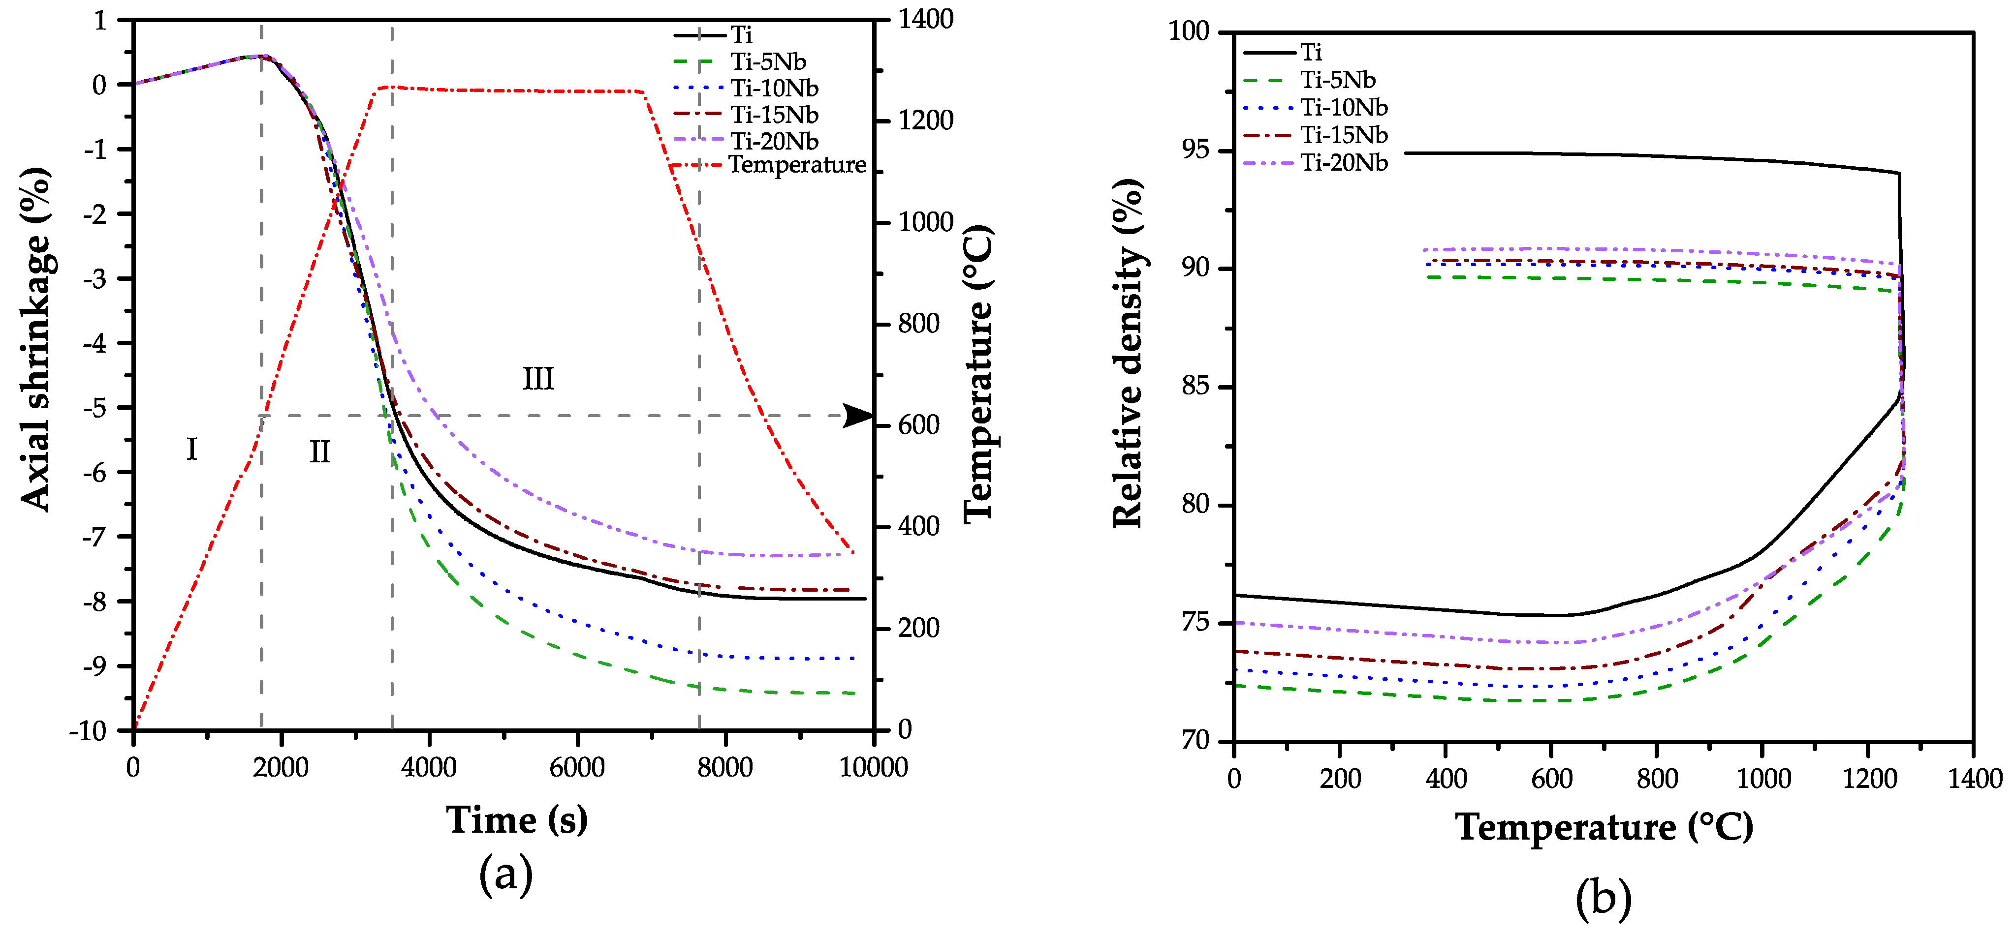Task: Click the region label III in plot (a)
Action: click(537, 379)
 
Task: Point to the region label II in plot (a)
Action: click(319, 452)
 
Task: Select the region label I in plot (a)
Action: click(191, 449)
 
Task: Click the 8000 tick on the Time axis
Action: click(724, 768)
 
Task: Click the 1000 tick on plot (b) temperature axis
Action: click(1763, 779)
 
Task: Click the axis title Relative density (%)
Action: click(1128, 353)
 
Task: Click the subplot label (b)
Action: click(1603, 898)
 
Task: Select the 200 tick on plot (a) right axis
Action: click(918, 628)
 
